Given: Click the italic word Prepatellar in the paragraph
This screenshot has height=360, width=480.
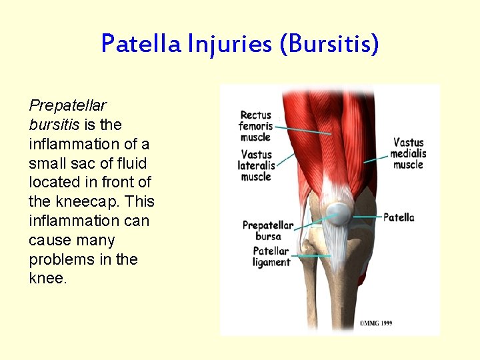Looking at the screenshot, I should click(68, 105).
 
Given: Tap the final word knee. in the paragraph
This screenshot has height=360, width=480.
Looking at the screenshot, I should click(48, 279).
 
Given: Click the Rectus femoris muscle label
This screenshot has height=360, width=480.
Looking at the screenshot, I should click(255, 126).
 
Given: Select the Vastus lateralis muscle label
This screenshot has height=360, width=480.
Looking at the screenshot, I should click(257, 165).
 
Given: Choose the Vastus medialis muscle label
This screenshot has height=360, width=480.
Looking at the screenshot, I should click(408, 153).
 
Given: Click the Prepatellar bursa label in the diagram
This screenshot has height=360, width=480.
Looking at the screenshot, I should click(267, 230).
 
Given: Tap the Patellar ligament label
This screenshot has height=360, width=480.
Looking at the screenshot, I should click(271, 257).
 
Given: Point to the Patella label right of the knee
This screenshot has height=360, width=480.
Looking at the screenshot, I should click(399, 217).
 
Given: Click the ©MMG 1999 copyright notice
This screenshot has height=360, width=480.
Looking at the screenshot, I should click(375, 323).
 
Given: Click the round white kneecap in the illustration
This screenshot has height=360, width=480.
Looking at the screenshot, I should click(337, 213).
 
